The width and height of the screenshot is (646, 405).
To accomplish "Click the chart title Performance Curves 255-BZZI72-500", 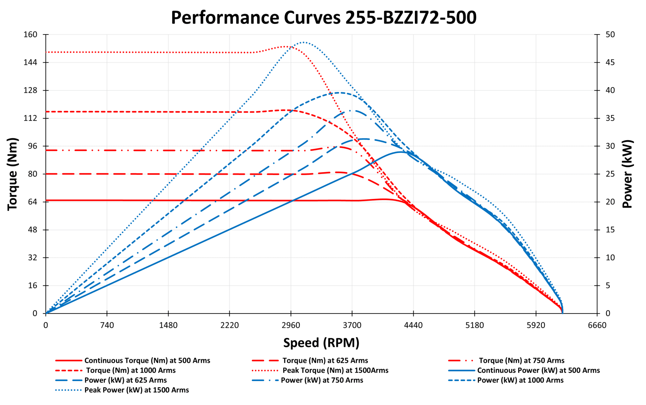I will coord(323,18).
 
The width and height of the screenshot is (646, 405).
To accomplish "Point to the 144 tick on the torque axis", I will coord(30,63).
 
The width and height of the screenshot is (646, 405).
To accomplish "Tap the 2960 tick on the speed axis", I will coord(291,325).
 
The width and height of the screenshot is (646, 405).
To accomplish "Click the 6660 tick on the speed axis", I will coord(597,325).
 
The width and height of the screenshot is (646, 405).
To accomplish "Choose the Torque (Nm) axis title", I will coord(13,174).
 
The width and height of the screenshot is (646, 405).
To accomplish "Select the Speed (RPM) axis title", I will coord(321,342).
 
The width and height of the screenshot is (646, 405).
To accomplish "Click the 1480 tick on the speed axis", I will coord(168,325).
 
